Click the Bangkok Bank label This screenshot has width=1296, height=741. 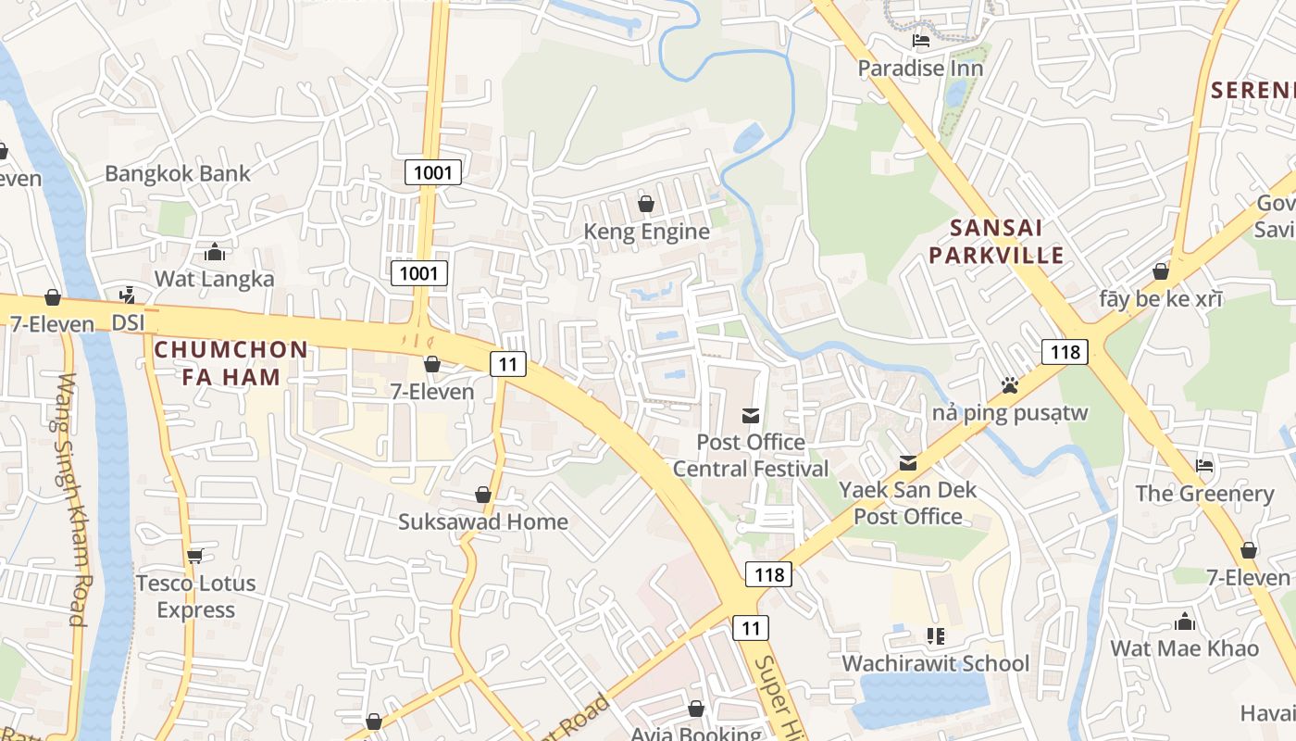click(177, 173)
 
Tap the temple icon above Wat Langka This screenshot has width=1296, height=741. click(215, 252)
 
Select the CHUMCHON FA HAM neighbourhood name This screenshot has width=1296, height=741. click(231, 362)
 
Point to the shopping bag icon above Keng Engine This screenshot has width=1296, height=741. click(646, 204)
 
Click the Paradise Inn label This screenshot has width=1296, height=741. click(919, 68)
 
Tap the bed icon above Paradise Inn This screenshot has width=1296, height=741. click(920, 41)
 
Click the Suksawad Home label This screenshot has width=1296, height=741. click(482, 521)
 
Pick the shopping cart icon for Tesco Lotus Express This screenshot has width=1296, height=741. click(194, 556)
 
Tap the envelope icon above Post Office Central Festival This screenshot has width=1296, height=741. click(750, 416)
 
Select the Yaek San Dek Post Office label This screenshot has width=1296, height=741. click(907, 502)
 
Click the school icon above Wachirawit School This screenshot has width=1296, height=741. click(935, 636)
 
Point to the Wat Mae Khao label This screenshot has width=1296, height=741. click(1184, 647)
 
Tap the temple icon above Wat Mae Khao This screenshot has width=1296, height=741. click(1185, 622)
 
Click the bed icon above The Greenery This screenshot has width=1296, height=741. click(1204, 466)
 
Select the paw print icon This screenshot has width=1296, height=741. click(1009, 384)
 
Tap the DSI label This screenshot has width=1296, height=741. click(129, 322)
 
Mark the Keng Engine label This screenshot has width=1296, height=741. click(646, 231)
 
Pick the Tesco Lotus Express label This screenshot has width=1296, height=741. click(195, 596)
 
